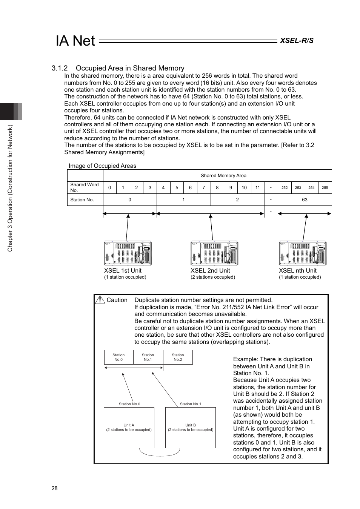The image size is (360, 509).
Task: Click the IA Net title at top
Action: coord(75,41)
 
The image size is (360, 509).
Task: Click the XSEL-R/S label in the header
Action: coord(297,40)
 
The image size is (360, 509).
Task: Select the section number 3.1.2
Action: coord(60,68)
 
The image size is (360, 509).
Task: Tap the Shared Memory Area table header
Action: coord(223,175)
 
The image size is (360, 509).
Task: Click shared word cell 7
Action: coord(204,187)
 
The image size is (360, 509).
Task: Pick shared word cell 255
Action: coord(325,187)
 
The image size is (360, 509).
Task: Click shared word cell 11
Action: coord(257,187)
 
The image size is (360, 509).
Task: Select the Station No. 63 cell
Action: coord(305,200)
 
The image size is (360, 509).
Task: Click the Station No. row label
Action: coord(82,200)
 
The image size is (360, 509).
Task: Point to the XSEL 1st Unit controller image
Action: coord(128,253)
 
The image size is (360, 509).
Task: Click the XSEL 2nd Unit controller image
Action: coord(214,253)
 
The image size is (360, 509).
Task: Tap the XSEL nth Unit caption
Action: coord(297,270)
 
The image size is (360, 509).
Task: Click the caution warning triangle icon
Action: coord(100,300)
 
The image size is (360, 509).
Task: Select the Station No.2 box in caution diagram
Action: coord(178,357)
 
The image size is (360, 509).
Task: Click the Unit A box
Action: coord(129,428)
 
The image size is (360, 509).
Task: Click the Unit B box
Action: coord(191,428)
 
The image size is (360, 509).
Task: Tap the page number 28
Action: coord(55,488)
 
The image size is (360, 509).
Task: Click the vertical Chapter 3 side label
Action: coord(10,189)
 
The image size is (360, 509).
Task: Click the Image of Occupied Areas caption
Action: coord(102,166)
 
